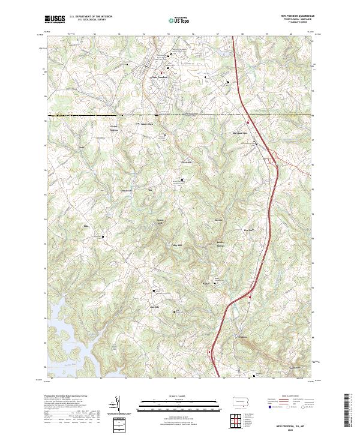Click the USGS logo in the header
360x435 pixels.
55,20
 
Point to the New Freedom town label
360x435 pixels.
159,77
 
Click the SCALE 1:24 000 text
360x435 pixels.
179,396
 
